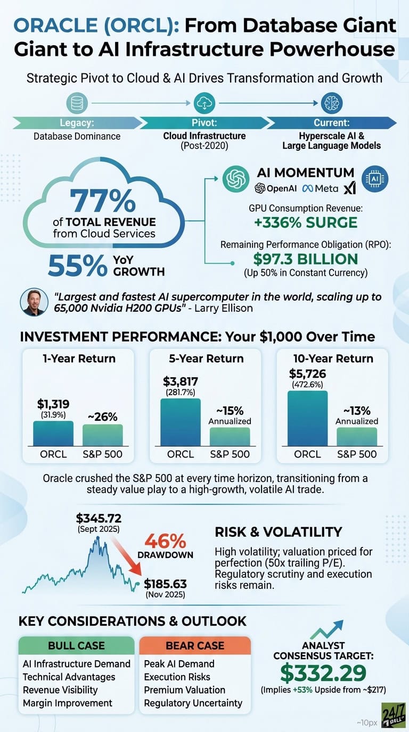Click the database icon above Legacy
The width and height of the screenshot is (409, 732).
(x=77, y=103)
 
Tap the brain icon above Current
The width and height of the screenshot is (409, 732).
(x=332, y=103)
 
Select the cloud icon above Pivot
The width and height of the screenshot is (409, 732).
(x=204, y=103)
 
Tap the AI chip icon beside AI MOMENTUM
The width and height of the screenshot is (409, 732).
(x=375, y=180)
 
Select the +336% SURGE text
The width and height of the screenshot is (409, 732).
(x=305, y=223)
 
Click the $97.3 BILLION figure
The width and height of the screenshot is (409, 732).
(x=305, y=260)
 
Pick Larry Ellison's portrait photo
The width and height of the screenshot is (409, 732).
(x=34, y=303)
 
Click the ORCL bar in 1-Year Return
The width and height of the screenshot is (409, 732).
(x=53, y=434)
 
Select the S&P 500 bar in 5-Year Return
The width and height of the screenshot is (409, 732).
(x=230, y=436)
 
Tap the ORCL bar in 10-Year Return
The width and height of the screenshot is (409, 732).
(x=308, y=419)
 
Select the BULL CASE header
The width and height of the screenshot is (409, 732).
(x=76, y=645)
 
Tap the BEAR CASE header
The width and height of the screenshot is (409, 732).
(x=195, y=645)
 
